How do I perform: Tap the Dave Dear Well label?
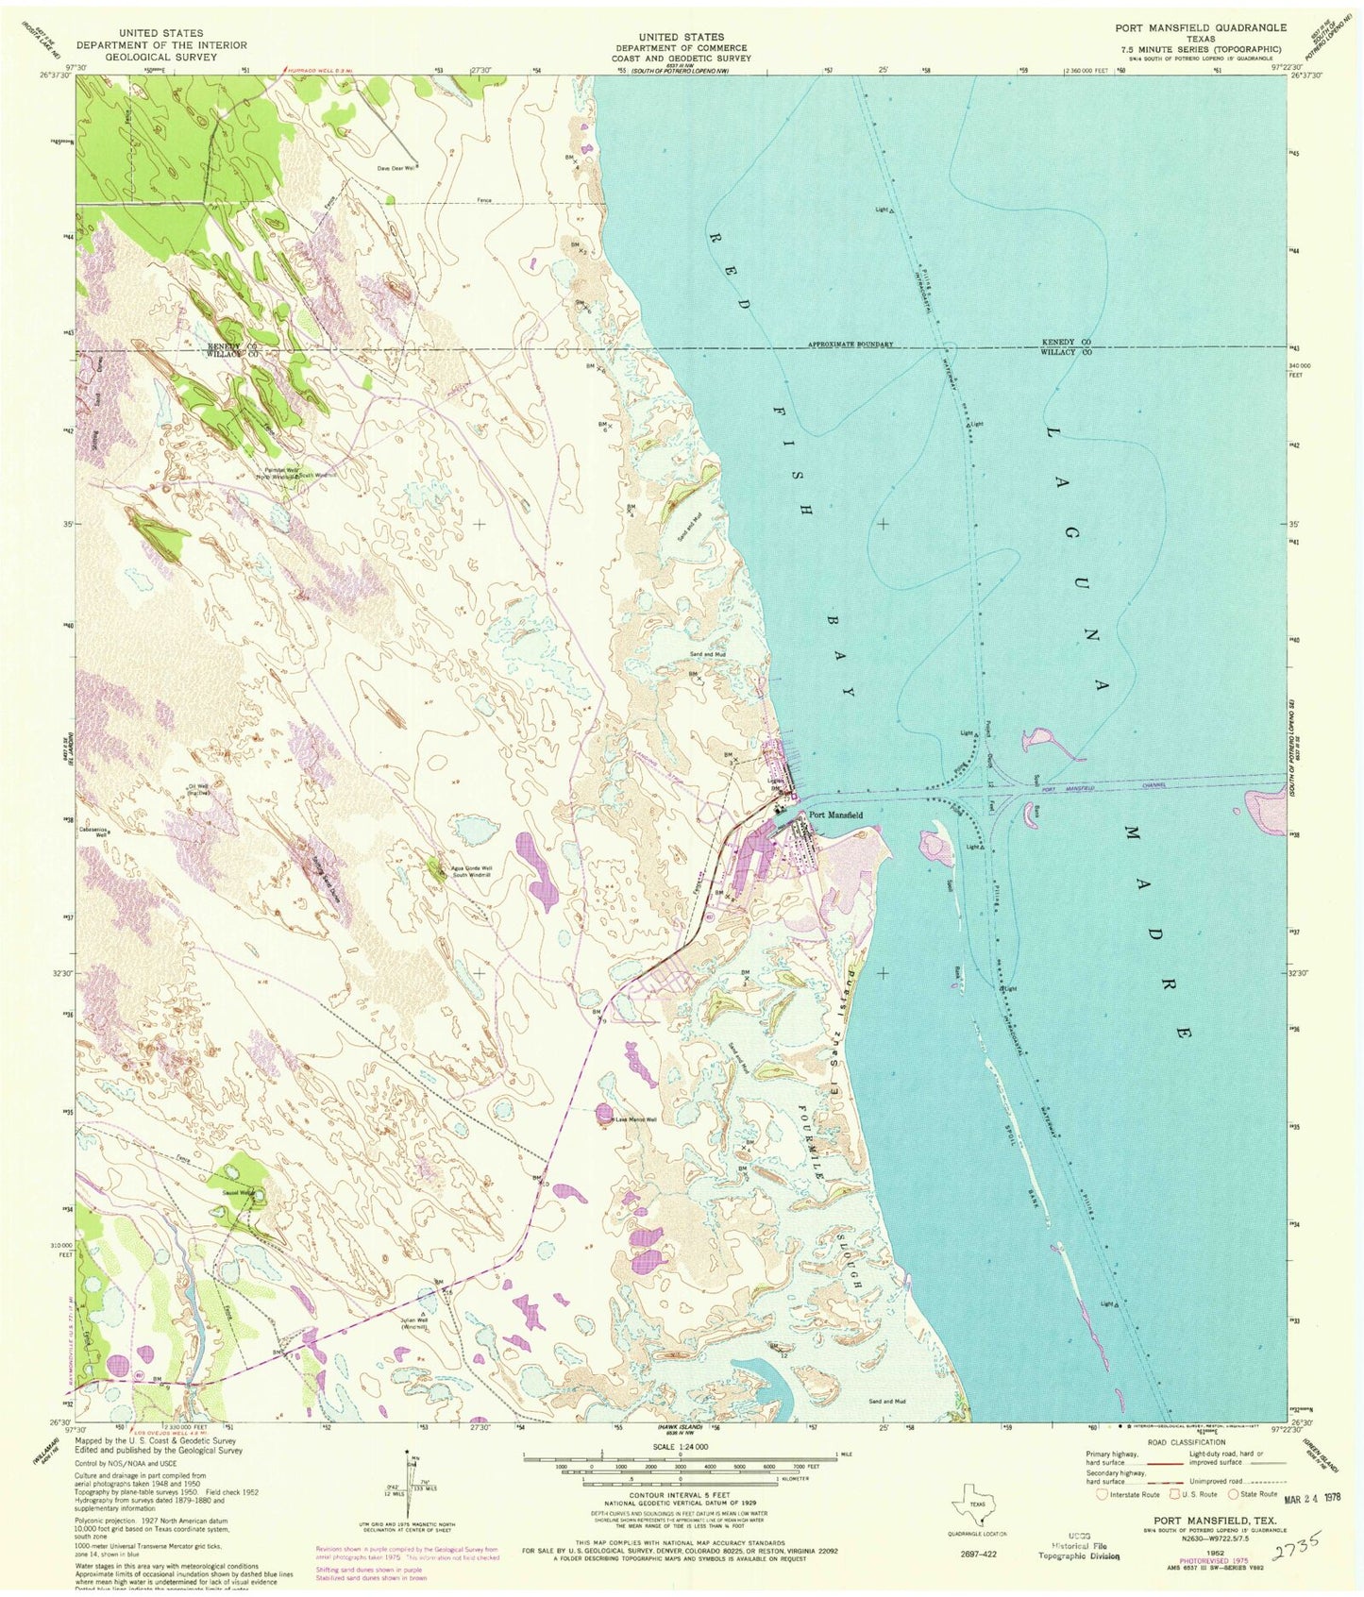pyautogui.click(x=396, y=168)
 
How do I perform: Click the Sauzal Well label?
pyautogui.click(x=236, y=1192)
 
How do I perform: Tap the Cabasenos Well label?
pyautogui.click(x=94, y=832)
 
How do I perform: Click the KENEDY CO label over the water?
pyautogui.click(x=1066, y=341)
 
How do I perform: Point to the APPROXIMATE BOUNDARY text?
pyautogui.click(x=850, y=345)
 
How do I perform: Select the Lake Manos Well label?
pyautogui.click(x=636, y=1120)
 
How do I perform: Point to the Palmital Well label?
pyautogui.click(x=281, y=469)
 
